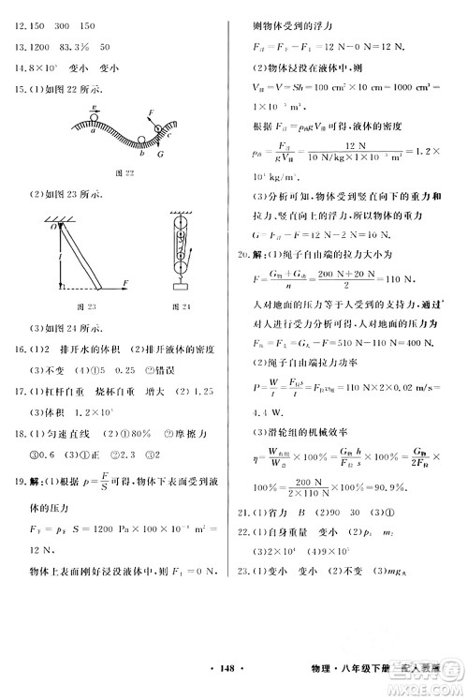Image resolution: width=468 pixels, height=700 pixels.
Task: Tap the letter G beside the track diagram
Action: [x=159, y=152]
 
